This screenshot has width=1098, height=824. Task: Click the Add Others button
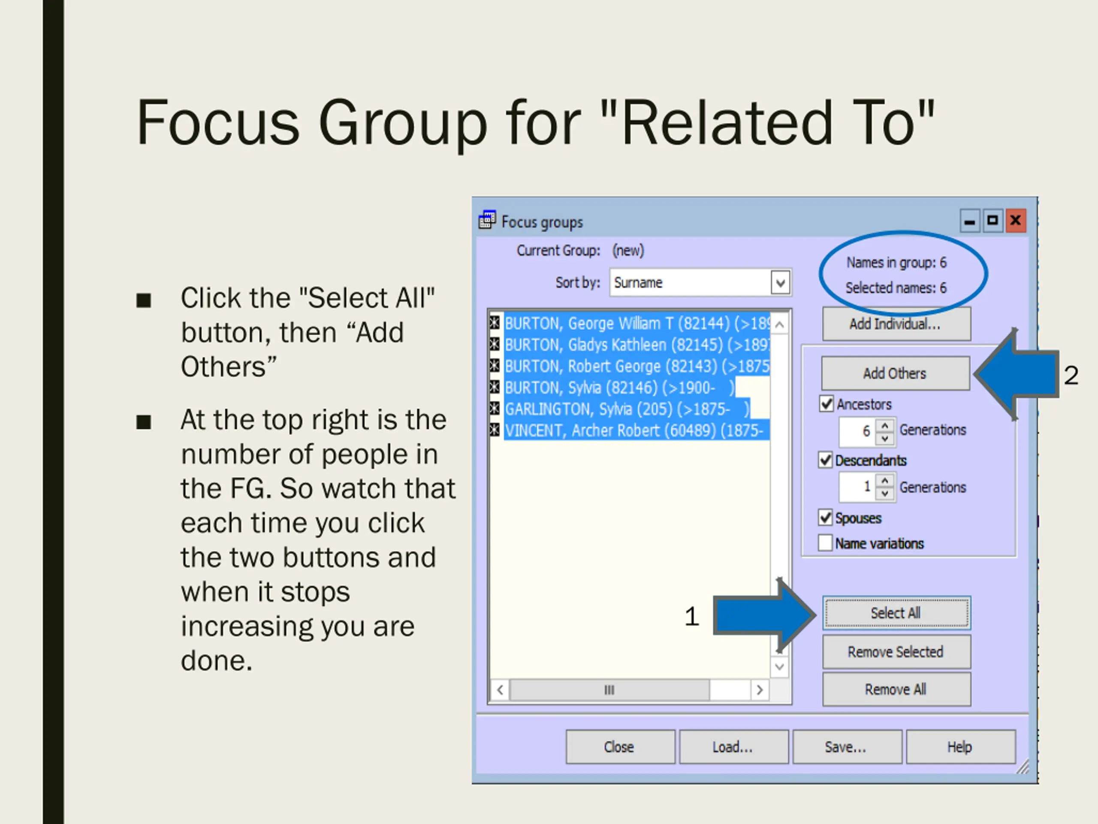(895, 373)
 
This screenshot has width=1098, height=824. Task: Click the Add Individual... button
(896, 324)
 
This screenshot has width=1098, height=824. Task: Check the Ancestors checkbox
(827, 404)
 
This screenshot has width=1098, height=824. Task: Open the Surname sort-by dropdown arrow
(780, 283)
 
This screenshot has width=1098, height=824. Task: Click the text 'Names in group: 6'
(896, 262)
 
